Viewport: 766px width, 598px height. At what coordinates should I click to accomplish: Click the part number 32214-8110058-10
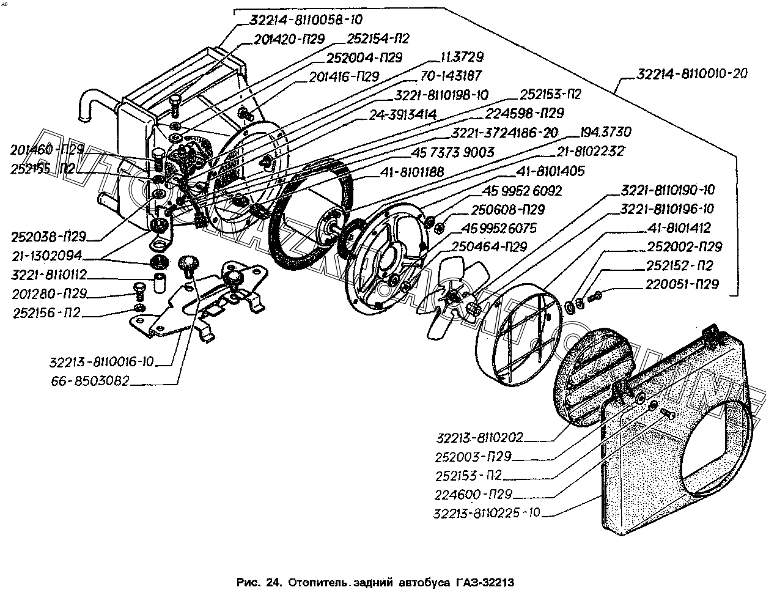pyautogui.click(x=298, y=20)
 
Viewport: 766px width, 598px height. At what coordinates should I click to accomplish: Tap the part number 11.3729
pyautogui.click(x=462, y=57)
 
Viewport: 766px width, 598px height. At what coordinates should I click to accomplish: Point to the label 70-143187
pyautogui.click(x=451, y=76)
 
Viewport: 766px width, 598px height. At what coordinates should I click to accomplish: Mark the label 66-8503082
pyautogui.click(x=91, y=381)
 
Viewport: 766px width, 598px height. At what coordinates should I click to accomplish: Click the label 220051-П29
pyautogui.click(x=685, y=284)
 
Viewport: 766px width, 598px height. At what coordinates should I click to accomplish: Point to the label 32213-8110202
pyautogui.click(x=480, y=437)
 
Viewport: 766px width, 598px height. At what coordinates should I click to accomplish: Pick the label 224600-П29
pyautogui.click(x=474, y=494)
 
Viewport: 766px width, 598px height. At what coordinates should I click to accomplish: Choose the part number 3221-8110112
pyautogui.click(x=50, y=275)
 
